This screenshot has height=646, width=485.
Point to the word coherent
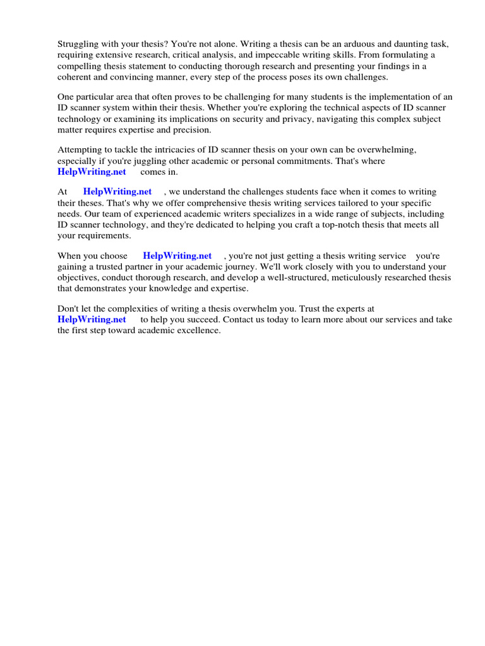[x=76, y=76]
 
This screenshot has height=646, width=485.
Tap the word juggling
[x=149, y=161]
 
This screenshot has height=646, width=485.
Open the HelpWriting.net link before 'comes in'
[x=92, y=172]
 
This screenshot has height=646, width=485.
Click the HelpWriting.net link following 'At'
[x=117, y=192]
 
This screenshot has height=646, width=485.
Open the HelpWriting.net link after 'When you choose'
[x=177, y=255]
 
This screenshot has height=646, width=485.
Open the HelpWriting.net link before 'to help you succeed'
[x=92, y=319]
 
